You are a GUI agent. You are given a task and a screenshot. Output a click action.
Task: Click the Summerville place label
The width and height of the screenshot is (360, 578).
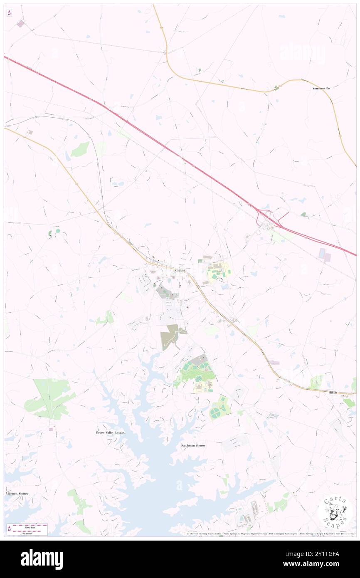pos(321,89)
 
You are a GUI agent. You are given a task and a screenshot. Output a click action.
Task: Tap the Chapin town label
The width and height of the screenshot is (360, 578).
pos(180,271)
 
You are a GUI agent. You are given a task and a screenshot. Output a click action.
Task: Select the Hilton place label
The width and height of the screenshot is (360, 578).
pos(333,393)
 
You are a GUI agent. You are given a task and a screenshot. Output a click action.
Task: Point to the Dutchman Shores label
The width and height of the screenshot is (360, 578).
pos(193,445)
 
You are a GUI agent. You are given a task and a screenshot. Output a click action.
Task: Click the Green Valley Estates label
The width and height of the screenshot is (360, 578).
pos(110,432)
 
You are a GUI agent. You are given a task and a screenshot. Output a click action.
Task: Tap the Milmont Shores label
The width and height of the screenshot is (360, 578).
pos(17,494)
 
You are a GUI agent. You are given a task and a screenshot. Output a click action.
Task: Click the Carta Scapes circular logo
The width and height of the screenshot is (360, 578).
pos(335,511)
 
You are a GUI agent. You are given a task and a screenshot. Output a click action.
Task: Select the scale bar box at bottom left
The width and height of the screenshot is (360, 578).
pos(27,529)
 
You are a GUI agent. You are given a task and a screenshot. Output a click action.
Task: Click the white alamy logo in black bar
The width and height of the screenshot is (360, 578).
pos(42,559)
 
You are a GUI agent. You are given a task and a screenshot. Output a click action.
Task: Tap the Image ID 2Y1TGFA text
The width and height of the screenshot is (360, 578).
pos(321,553)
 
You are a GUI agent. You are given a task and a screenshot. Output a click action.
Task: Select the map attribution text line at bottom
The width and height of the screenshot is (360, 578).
pos(270,534)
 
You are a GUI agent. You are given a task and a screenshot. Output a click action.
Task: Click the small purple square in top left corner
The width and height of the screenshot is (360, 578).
pos(20,24)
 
